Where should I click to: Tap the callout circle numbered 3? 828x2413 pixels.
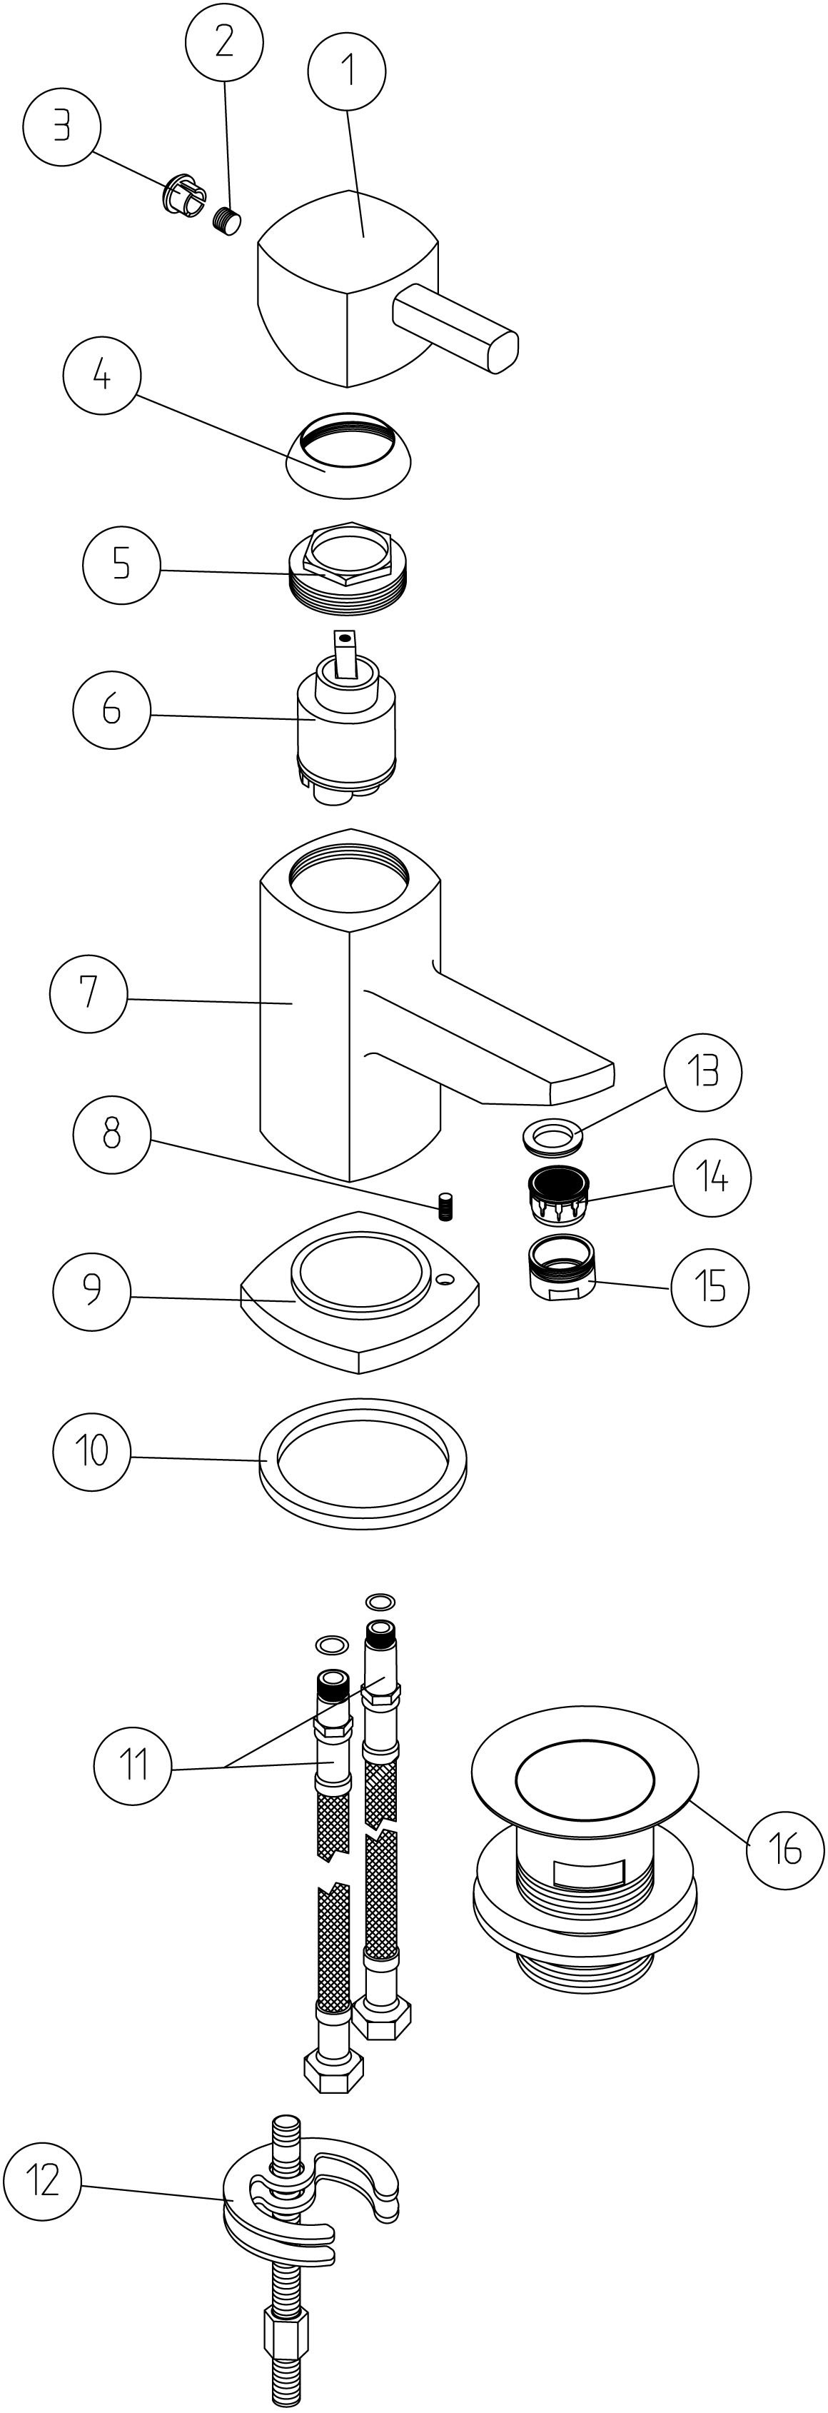(62, 126)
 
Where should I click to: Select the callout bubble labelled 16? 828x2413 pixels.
(785, 1848)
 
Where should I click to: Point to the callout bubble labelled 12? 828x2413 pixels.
(43, 2182)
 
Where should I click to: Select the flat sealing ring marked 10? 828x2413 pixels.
(363, 1464)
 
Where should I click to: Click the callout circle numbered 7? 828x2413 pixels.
(88, 993)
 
